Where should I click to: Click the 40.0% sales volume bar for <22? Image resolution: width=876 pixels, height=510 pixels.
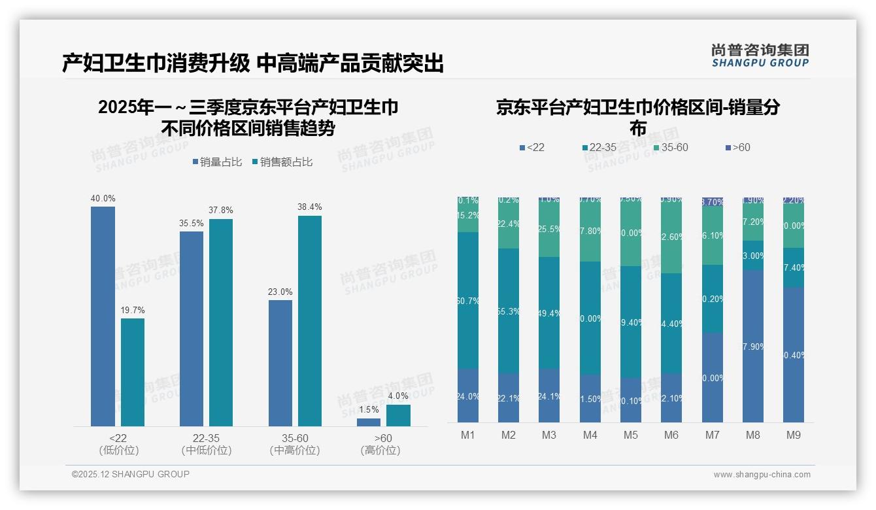[x=103, y=316]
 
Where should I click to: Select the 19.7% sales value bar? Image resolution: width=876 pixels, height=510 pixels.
[x=133, y=372]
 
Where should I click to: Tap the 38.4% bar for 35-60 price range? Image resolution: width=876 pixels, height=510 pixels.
[x=310, y=321]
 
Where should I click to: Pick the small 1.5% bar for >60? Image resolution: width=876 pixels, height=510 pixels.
[x=369, y=422]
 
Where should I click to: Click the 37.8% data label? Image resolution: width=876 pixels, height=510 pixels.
[x=221, y=211]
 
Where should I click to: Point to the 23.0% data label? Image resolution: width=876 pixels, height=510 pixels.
[x=280, y=292]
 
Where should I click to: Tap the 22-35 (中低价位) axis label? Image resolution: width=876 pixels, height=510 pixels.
[x=206, y=444]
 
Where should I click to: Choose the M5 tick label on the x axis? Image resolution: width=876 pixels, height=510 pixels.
[x=630, y=435]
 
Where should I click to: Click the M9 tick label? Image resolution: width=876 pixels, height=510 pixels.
[x=793, y=435]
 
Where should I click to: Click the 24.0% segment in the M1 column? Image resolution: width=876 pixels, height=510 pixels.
[x=468, y=396]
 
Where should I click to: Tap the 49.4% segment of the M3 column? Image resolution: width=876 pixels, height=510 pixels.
[x=549, y=313]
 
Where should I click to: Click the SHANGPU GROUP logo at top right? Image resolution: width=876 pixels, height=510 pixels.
[x=760, y=56]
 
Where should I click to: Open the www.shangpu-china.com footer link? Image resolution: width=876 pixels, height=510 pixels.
[x=762, y=475]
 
